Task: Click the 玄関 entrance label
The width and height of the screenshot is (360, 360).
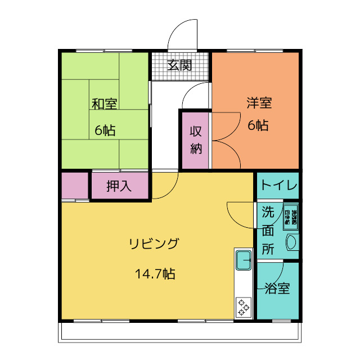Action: point(179,65)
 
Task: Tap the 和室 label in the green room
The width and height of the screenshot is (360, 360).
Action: point(105,104)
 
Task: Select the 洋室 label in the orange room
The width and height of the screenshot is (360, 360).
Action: point(259,103)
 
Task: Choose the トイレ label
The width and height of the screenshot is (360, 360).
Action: point(278,186)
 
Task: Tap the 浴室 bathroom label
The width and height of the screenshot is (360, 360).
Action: point(277,289)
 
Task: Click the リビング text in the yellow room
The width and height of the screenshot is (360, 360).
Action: point(154,244)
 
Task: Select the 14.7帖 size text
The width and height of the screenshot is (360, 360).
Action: point(154,274)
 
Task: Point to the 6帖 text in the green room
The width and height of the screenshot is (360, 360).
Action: point(105,130)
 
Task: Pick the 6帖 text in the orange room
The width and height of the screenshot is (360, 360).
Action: point(258,125)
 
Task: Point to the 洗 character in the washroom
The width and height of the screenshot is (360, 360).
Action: point(268,212)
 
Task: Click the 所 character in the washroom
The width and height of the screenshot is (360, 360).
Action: point(268,248)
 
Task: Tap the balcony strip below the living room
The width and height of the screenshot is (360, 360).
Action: point(180,332)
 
